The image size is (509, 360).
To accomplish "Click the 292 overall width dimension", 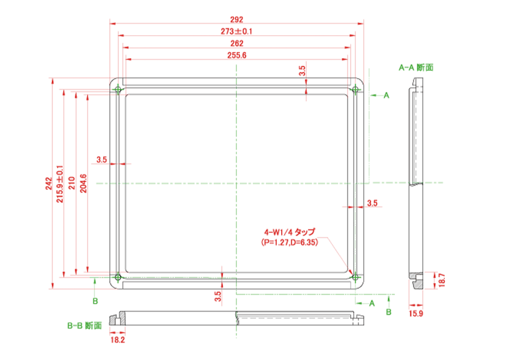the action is pyautogui.click(x=236, y=19).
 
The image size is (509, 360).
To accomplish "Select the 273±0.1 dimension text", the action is pyautogui.click(x=236, y=31).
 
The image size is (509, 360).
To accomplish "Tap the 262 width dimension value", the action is pyautogui.click(x=236, y=43).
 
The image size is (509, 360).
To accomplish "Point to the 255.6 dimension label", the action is pyautogui.click(x=236, y=55).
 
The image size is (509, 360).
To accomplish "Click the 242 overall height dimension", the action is pyautogui.click(x=49, y=183).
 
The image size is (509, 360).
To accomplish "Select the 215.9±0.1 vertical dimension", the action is pyautogui.click(x=60, y=184).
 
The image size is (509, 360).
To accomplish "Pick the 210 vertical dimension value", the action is pyautogui.click(x=72, y=183).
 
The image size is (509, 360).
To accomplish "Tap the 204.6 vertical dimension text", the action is pyautogui.click(x=83, y=183).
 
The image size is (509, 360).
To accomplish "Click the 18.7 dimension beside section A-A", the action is pyautogui.click(x=442, y=280).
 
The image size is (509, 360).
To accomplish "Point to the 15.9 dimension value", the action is pyautogui.click(x=416, y=313).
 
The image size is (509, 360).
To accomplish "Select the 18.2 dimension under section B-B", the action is pyautogui.click(x=117, y=340).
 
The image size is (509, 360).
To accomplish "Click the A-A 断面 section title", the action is pyautogui.click(x=416, y=68).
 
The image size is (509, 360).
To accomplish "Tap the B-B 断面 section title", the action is pyautogui.click(x=85, y=326).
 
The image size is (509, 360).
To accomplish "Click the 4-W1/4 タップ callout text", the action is pyautogui.click(x=289, y=232).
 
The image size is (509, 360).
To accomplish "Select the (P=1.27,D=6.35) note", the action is pyautogui.click(x=290, y=242).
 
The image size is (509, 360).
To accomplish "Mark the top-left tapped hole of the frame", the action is pyautogui.click(x=118, y=89).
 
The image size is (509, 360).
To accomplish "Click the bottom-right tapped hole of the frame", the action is pyautogui.click(x=355, y=277).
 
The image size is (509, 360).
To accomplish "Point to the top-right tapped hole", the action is pyautogui.click(x=355, y=89).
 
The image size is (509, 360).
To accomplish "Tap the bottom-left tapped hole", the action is pyautogui.click(x=118, y=277).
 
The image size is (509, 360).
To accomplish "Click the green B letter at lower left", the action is pyautogui.click(x=95, y=301).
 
